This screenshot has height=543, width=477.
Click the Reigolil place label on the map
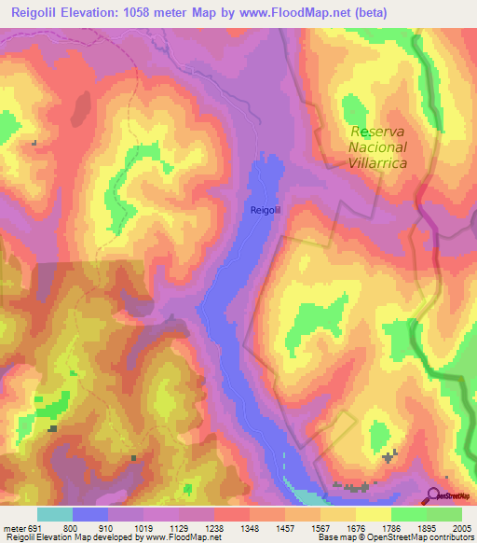click(x=266, y=210)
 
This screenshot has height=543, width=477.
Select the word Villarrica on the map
click(x=380, y=161)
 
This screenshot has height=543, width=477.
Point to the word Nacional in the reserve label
click(x=377, y=146)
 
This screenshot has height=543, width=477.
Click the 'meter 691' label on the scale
click(x=21, y=528)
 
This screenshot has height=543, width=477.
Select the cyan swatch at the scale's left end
click(x=54, y=514)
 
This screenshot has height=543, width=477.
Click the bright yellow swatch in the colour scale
click(x=373, y=514)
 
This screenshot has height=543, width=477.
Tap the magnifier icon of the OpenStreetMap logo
click(x=432, y=495)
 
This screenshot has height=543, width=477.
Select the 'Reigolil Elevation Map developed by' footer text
click(x=65, y=538)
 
